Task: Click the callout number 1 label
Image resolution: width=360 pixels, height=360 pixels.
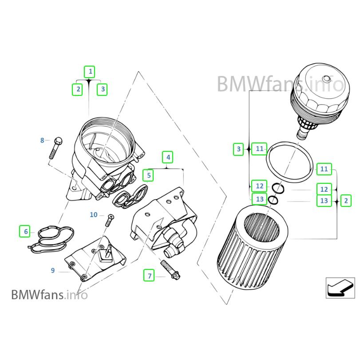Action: [90, 71]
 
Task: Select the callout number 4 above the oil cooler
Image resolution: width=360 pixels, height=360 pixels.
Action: [168, 157]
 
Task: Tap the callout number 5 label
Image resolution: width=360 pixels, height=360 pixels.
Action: [149, 175]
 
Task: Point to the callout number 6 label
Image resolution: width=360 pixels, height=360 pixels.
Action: [26, 231]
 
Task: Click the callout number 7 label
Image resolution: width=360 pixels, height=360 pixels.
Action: [150, 276]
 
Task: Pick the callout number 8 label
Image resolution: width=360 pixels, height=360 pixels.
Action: [43, 141]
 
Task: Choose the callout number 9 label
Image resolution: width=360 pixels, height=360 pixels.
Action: [53, 270]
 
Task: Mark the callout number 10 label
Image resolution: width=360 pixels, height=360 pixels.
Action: [93, 215]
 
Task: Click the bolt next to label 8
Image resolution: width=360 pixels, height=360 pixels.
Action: [56, 147]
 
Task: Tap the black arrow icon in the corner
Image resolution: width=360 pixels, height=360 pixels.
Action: [340, 287]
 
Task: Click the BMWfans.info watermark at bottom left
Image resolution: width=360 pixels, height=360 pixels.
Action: [49, 294]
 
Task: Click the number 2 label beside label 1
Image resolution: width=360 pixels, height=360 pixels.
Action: [78, 89]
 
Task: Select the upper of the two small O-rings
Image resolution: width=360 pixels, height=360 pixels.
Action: [278, 189]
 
